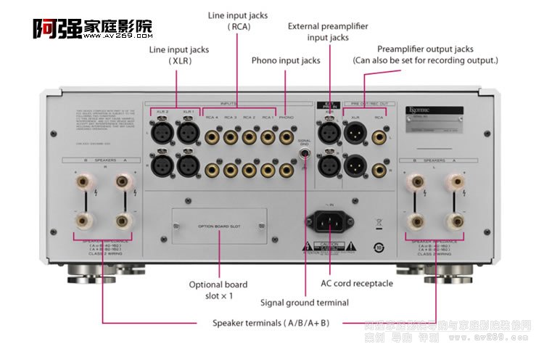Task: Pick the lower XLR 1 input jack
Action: click(188, 165)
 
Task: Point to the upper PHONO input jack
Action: click(287, 135)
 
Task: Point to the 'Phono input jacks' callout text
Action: click(286, 60)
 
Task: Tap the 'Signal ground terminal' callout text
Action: click(305, 302)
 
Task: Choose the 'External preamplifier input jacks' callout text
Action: click(328, 32)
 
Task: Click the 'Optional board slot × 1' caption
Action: click(218, 290)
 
